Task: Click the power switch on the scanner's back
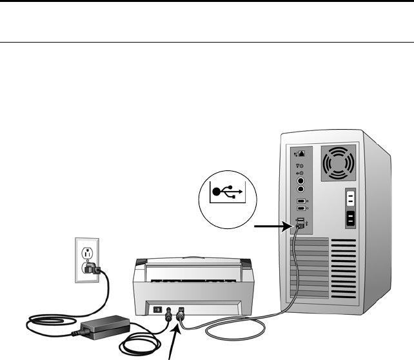155,308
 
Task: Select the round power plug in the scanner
169,314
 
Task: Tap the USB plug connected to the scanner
181,315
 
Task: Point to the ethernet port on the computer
299,155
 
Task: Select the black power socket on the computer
351,218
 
